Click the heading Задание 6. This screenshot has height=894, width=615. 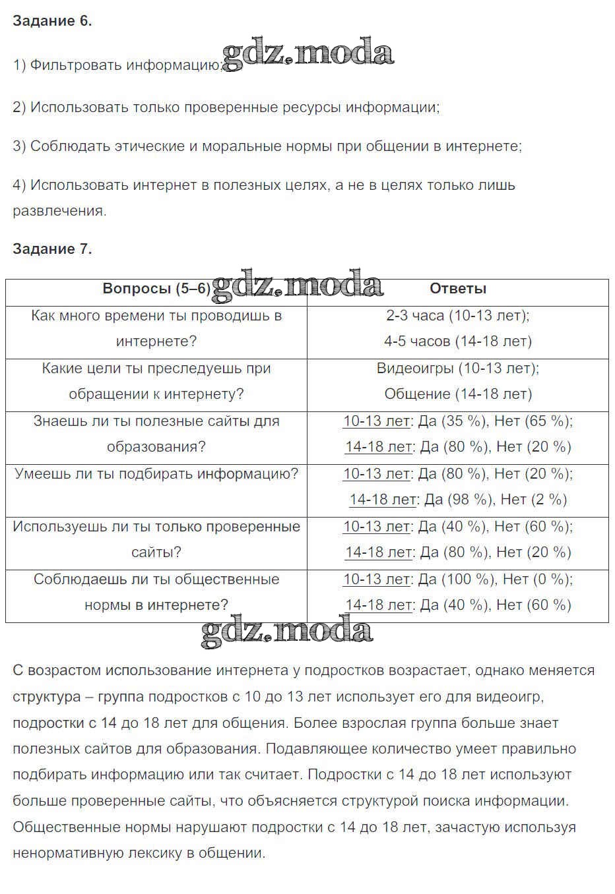pyautogui.click(x=52, y=21)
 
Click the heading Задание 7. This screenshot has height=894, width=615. pyautogui.click(x=52, y=249)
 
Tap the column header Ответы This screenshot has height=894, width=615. pyautogui.click(x=458, y=289)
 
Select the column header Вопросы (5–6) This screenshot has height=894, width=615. pyautogui.click(x=156, y=289)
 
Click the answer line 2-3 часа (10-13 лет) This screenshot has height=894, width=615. pyautogui.click(x=458, y=316)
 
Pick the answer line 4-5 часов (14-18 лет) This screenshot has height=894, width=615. pyautogui.click(x=458, y=342)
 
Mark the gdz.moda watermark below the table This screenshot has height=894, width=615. pyautogui.click(x=286, y=632)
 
